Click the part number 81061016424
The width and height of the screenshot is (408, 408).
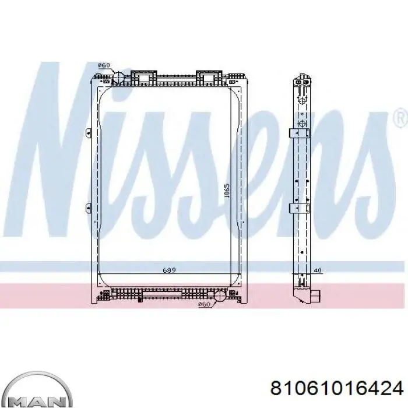tap(337, 389)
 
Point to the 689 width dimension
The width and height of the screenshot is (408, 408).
tap(170, 270)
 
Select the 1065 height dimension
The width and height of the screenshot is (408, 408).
tap(227, 191)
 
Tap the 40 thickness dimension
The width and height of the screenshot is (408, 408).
tap(318, 270)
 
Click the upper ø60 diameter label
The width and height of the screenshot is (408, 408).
tap(104, 65)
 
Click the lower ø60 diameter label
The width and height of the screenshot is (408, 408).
tap(204, 304)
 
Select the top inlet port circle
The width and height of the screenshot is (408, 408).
tap(118, 78)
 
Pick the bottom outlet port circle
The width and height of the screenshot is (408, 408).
tap(220, 296)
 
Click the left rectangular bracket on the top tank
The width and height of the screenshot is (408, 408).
tap(144, 78)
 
